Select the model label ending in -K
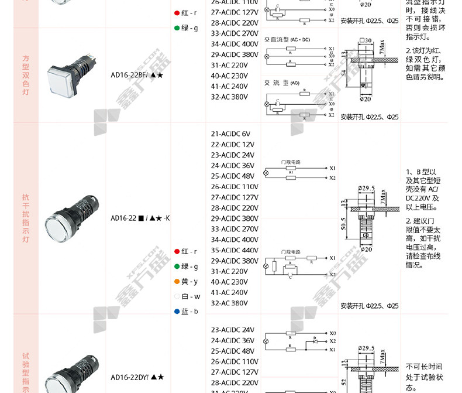[x=140, y=218]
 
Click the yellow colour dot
[x=177, y=282]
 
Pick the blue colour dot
[x=177, y=312]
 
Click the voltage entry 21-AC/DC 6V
[x=230, y=134]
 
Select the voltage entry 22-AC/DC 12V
[x=232, y=145]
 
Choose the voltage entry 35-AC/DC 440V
[x=235, y=250]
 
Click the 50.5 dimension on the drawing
[x=343, y=224]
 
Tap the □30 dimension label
[x=366, y=40]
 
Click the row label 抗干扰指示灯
[x=25, y=218]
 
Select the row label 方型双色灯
[x=25, y=75]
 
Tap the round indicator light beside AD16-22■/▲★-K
[x=66, y=217]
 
